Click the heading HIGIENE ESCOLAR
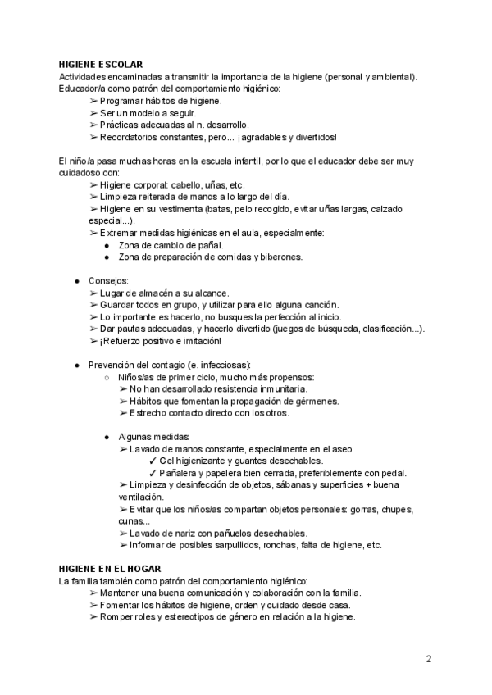101,65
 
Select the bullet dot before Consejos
76,280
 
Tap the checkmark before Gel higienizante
153,461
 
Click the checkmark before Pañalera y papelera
153,473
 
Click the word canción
294,305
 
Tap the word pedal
394,473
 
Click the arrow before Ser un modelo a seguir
93,113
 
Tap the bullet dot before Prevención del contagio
76,365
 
